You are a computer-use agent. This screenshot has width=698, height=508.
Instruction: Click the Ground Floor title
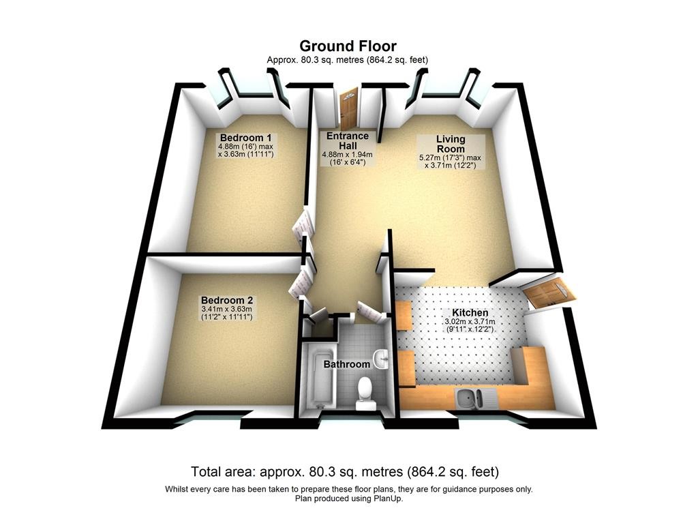click(348, 46)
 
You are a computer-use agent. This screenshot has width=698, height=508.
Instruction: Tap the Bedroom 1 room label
click(245, 138)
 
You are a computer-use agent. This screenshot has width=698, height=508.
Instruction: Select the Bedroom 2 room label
click(226, 300)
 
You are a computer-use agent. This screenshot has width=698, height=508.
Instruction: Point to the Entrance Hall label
click(348, 140)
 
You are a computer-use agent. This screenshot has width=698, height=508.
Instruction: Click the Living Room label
click(451, 145)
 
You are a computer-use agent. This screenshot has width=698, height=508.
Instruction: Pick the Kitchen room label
click(470, 312)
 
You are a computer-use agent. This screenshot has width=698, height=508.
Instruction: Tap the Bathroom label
click(347, 364)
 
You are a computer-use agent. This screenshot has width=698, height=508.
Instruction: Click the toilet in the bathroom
click(365, 393)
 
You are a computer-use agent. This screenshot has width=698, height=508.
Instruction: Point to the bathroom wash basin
click(381, 359)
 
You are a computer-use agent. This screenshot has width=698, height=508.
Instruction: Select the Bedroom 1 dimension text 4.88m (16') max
click(245, 147)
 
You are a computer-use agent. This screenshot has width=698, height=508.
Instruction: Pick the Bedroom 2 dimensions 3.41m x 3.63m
click(227, 309)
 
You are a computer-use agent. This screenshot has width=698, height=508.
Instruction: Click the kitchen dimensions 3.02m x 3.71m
click(470, 321)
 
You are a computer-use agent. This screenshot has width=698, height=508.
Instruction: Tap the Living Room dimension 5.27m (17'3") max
click(450, 158)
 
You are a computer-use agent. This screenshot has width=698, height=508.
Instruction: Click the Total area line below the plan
click(345, 471)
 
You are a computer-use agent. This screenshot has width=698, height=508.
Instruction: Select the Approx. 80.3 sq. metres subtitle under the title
click(348, 59)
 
